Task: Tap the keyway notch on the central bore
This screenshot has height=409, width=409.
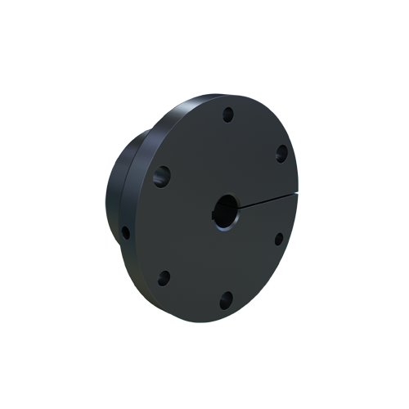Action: tap(216, 216)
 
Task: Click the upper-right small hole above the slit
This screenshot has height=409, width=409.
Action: tap(281, 152)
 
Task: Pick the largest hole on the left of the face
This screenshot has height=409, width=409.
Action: tap(162, 174)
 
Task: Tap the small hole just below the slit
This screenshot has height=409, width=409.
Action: tap(277, 239)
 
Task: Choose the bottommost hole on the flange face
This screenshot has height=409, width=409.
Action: tap(226, 301)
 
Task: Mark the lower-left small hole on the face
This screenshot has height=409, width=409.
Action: tap(164, 278)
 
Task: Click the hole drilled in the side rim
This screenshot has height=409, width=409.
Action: tap(125, 232)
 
